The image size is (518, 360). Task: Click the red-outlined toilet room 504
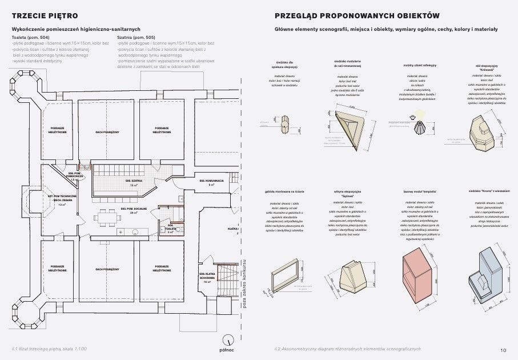coord(170,227)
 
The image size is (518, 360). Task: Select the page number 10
coord(503,350)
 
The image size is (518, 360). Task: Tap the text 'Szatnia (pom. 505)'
coord(136,37)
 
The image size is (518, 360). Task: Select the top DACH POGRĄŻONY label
coord(107,131)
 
